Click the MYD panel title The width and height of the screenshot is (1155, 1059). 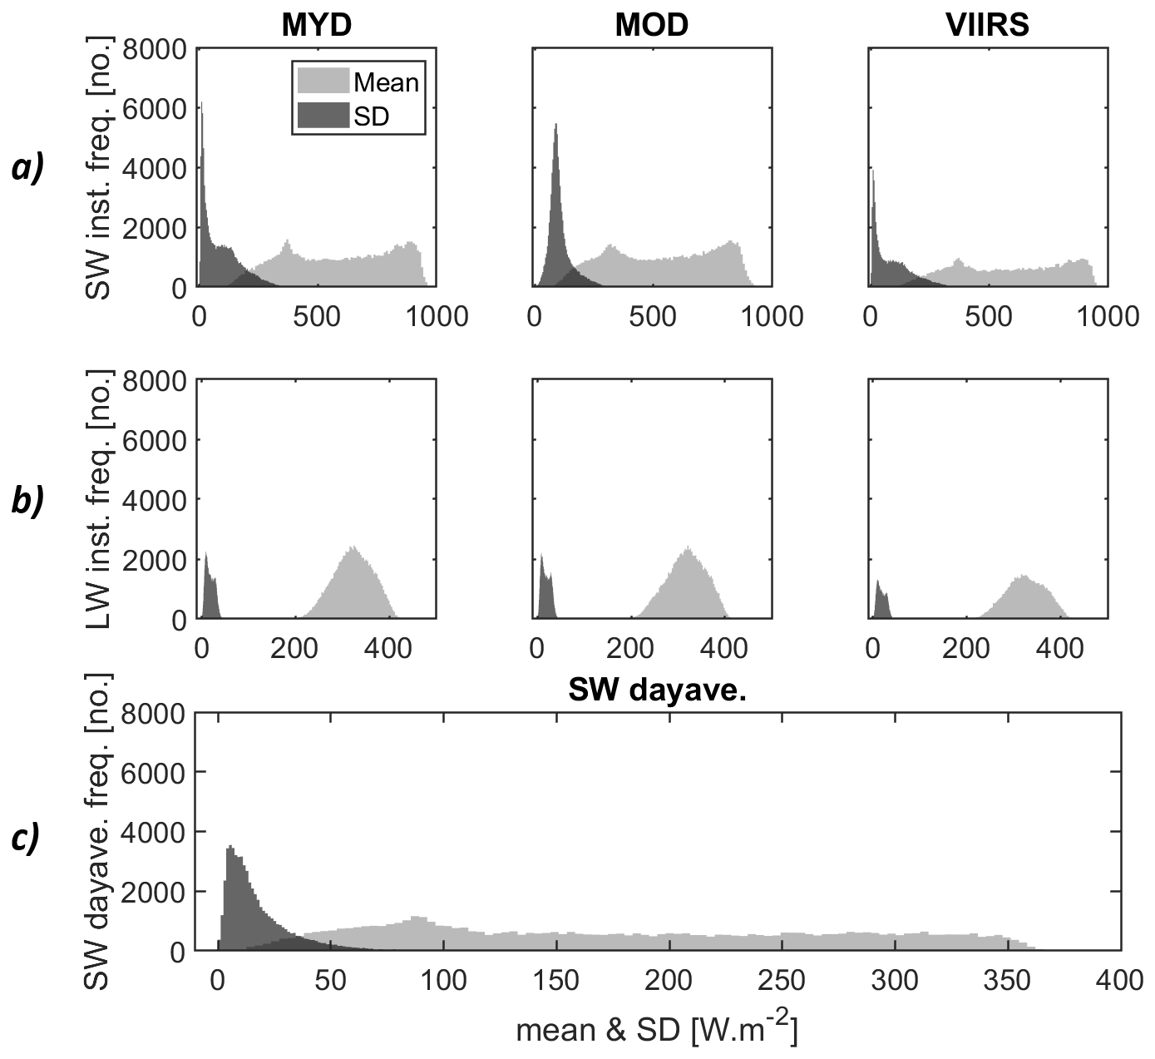coord(316,25)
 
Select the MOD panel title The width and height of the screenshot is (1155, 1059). coord(651,25)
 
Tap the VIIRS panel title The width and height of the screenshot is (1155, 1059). coord(987,25)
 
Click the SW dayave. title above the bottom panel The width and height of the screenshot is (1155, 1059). coord(657,690)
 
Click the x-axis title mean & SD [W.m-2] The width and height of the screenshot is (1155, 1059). coord(657,1030)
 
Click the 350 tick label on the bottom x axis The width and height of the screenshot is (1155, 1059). coord(1007,981)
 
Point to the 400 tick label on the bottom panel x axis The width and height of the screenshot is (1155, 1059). coord(1120,981)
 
